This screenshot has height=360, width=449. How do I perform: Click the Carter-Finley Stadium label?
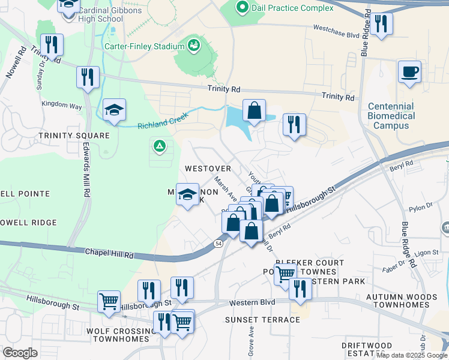point(144,46)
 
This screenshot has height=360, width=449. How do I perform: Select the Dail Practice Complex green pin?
point(243,8)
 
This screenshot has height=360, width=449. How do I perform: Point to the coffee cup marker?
point(409,72)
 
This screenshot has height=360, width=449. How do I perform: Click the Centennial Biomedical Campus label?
point(391,116)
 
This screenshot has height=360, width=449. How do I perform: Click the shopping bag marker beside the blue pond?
point(255,111)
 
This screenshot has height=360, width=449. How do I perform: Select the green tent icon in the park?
point(159,145)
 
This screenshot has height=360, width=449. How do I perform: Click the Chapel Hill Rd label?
point(108,254)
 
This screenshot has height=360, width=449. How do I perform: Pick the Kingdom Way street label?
point(61,105)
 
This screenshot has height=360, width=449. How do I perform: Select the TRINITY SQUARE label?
point(74,136)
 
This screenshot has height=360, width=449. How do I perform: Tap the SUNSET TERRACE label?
point(262,320)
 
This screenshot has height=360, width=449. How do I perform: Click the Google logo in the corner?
point(20,353)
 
